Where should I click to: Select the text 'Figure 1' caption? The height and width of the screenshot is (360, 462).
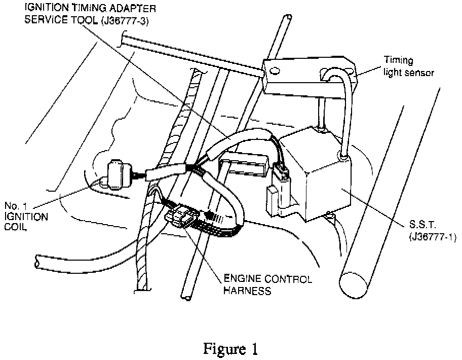click(230, 349)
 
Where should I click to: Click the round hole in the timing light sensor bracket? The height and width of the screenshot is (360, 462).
click(275, 70)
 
